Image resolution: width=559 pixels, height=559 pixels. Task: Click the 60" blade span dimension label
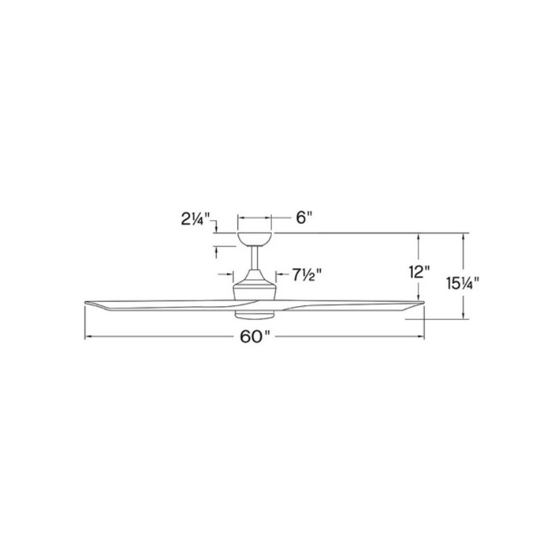click(x=255, y=337)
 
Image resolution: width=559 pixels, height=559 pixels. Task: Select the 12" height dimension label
click(x=419, y=273)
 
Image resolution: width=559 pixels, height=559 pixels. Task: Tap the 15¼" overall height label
click(x=463, y=284)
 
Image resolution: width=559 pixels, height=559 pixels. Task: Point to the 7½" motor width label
click(x=307, y=275)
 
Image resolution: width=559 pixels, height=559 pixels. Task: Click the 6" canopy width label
click(x=304, y=217)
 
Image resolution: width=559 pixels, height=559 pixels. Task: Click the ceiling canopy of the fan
click(x=255, y=240)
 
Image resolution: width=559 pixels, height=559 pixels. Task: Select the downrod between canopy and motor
click(x=255, y=258)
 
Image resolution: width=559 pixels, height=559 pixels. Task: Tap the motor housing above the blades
click(x=254, y=285)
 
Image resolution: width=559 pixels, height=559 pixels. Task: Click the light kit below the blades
click(x=254, y=313)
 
